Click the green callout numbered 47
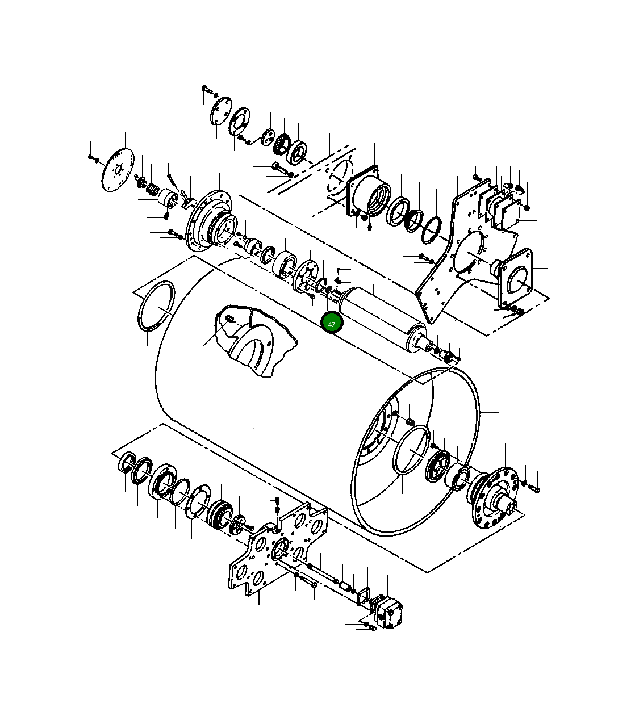point(332,324)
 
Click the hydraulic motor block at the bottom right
point(388,613)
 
